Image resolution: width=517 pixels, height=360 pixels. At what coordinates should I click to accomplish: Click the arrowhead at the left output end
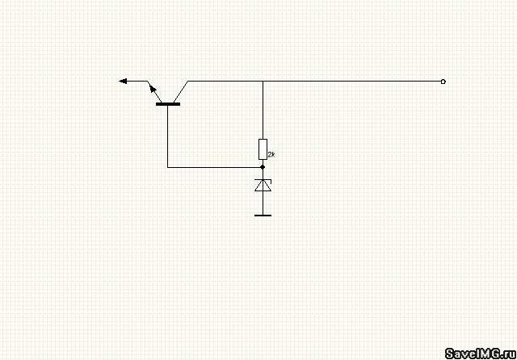pyautogui.click(x=124, y=81)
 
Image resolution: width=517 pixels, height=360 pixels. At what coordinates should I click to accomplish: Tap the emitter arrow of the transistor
pyautogui.click(x=153, y=88)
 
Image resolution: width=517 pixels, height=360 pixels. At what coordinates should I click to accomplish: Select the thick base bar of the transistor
pyautogui.click(x=168, y=104)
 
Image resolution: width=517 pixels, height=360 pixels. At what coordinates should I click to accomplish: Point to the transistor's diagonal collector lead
pyautogui.click(x=181, y=91)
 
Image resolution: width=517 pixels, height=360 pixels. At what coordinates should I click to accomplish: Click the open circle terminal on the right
pyautogui.click(x=443, y=82)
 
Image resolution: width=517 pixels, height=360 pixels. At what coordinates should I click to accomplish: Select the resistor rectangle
pyautogui.click(x=263, y=149)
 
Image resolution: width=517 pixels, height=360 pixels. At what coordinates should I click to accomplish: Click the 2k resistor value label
pyautogui.click(x=271, y=154)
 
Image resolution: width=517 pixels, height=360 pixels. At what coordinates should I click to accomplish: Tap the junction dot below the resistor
pyautogui.click(x=263, y=167)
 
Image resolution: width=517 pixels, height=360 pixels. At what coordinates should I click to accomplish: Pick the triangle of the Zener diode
pyautogui.click(x=263, y=186)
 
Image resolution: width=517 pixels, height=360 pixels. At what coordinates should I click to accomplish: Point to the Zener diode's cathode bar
pyautogui.click(x=263, y=180)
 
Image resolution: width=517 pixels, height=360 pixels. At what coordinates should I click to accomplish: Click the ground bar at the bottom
pyautogui.click(x=263, y=216)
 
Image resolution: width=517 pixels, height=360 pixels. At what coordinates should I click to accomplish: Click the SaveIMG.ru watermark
pyautogui.click(x=481, y=354)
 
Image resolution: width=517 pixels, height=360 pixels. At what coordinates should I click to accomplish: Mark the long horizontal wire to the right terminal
pyautogui.click(x=315, y=81)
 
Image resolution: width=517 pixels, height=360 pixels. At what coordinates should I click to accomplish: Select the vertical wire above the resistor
pyautogui.click(x=263, y=110)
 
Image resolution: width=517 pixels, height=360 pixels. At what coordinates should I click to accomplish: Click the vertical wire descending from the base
pyautogui.click(x=168, y=136)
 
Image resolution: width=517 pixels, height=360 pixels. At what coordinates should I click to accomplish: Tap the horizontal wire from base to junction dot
pyautogui.click(x=215, y=167)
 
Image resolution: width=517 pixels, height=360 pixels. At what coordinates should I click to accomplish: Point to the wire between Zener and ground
pyautogui.click(x=263, y=203)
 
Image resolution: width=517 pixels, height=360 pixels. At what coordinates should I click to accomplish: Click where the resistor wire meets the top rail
pyautogui.click(x=263, y=81)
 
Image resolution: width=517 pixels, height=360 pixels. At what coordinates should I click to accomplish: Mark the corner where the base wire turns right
pyautogui.click(x=168, y=167)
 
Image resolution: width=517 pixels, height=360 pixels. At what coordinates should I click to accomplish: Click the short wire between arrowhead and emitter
pyautogui.click(x=137, y=81)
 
